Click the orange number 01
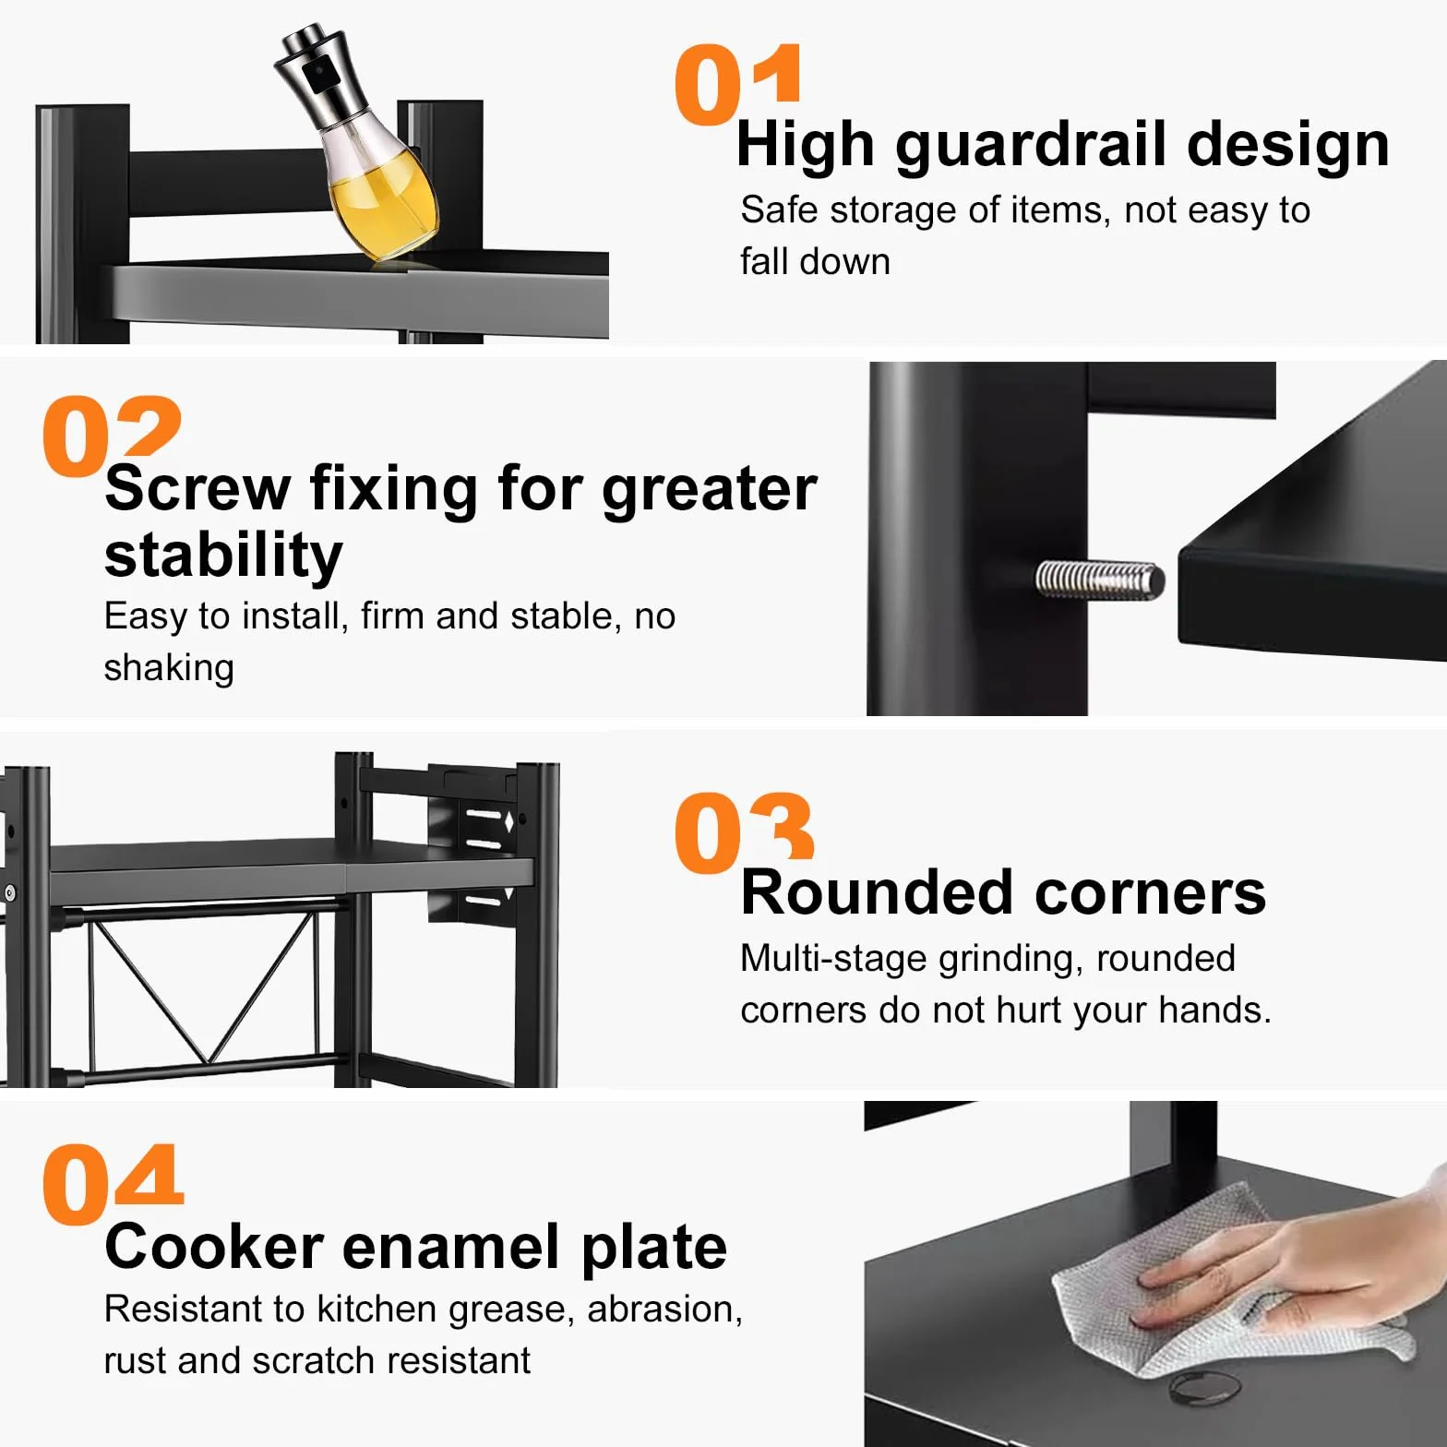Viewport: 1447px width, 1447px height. [737, 85]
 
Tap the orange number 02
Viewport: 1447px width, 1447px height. [112, 436]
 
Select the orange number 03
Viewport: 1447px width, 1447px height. [744, 833]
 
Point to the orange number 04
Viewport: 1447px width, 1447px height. [113, 1184]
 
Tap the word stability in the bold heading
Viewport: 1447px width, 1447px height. [223, 556]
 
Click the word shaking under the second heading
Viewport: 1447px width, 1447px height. [169, 668]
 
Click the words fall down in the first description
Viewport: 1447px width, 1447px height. [815, 261]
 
